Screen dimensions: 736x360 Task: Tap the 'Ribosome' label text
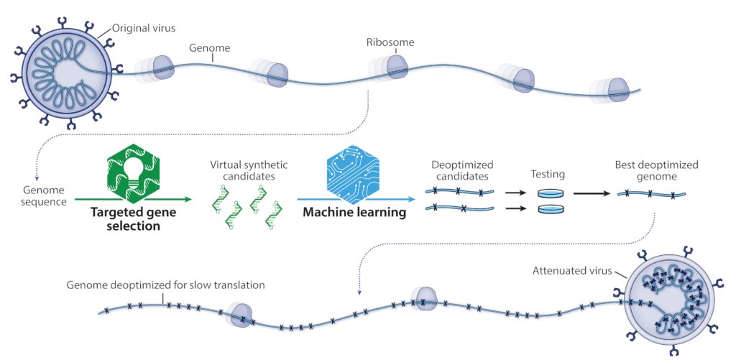tap(390, 42)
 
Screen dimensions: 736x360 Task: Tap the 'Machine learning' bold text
tap(354, 213)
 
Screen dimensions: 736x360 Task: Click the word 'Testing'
tap(548, 175)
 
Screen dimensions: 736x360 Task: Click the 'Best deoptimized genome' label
tap(656, 170)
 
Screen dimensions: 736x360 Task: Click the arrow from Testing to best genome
tap(592, 193)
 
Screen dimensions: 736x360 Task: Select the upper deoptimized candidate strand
tap(460, 192)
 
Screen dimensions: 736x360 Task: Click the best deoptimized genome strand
tap(650, 193)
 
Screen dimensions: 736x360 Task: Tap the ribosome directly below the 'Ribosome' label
tap(395, 67)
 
